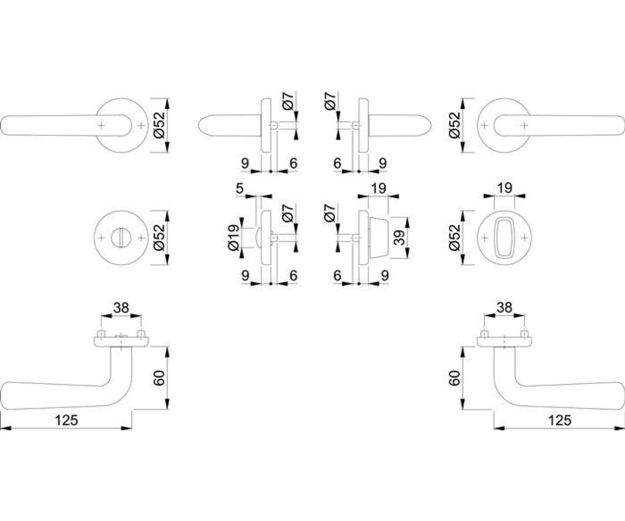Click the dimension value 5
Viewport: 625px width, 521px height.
[240, 189]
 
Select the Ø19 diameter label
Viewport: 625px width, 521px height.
[233, 238]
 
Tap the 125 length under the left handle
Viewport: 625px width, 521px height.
[67, 420]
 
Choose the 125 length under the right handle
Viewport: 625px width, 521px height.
[560, 420]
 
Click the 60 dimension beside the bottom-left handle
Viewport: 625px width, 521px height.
[159, 378]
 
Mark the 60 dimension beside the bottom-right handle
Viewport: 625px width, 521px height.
[454, 378]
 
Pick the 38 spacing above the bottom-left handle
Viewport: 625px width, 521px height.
[121, 307]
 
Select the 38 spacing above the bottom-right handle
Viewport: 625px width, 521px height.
[504, 307]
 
